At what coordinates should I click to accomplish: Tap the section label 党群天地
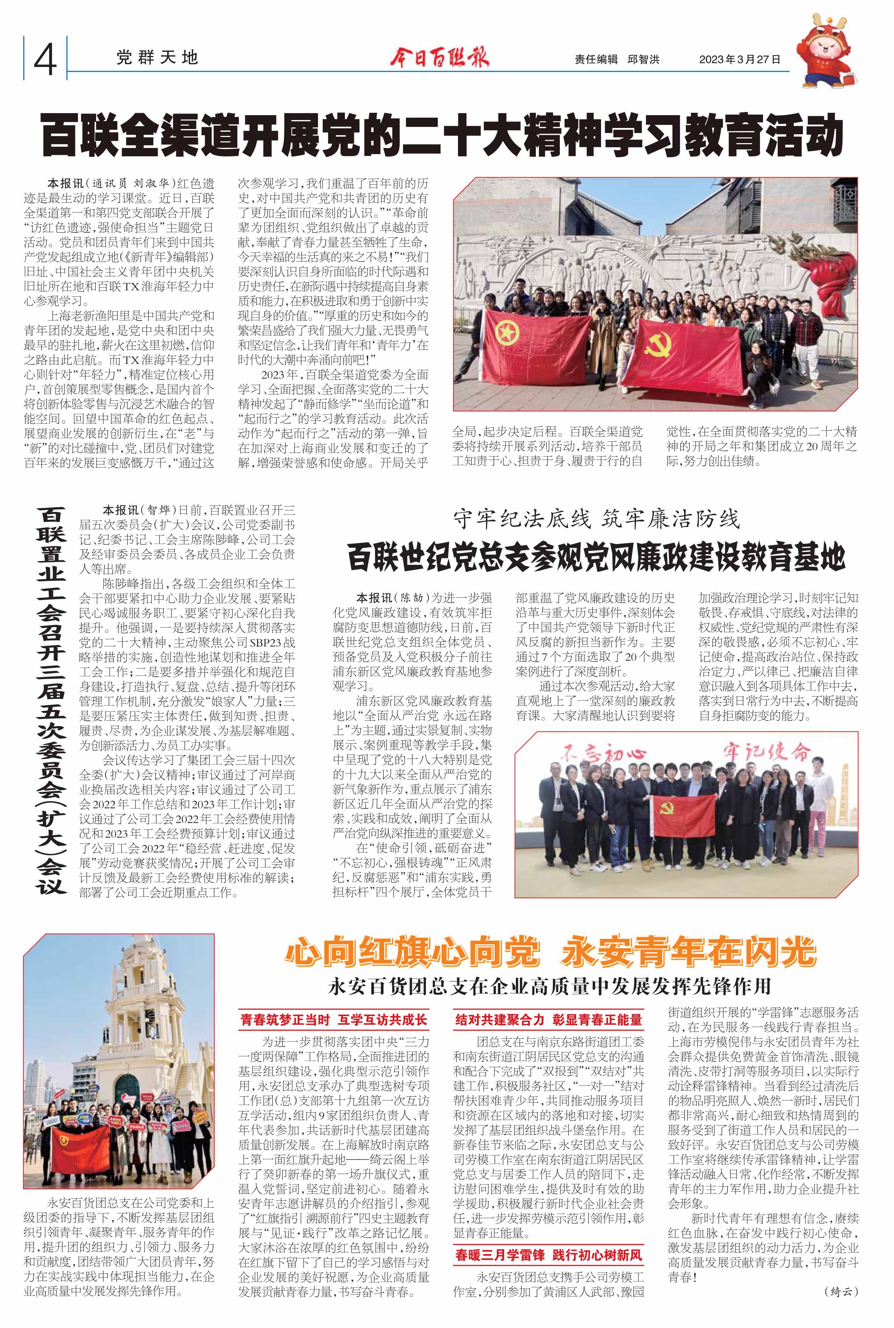157,58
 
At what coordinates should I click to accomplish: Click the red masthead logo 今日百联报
439,58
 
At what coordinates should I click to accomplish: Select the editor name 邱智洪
643,59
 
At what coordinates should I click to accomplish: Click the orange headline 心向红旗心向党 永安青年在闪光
550,952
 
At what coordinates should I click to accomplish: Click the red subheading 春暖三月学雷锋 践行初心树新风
548,1255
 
